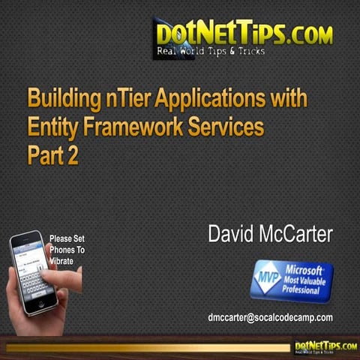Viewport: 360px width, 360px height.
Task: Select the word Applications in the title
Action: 208,99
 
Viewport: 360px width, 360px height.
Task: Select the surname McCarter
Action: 298,235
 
